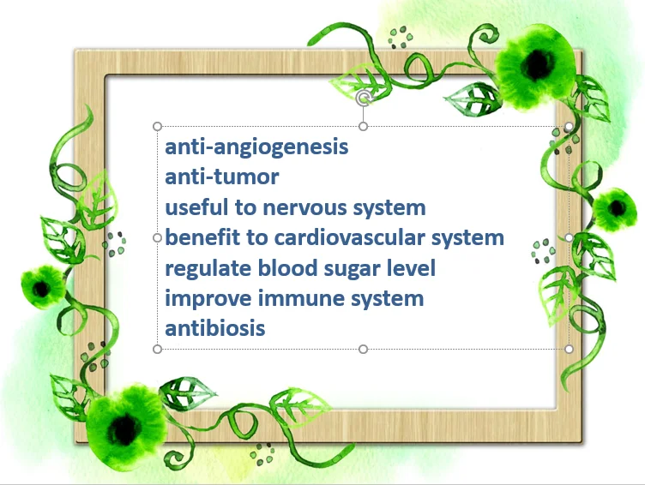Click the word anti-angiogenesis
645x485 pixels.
(256, 147)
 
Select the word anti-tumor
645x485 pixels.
(221, 177)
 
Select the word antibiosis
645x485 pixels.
(215, 328)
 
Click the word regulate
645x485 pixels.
(208, 269)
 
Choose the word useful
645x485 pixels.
(196, 207)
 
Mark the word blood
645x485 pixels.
(287, 267)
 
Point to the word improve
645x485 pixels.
(208, 299)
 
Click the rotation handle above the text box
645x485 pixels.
(363, 99)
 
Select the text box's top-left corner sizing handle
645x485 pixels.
(157, 126)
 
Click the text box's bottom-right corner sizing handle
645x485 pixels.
(569, 349)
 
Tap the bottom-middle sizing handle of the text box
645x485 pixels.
(363, 349)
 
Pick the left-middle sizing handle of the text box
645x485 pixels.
(157, 237)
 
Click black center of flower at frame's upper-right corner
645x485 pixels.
(537, 63)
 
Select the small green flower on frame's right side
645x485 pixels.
(614, 209)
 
